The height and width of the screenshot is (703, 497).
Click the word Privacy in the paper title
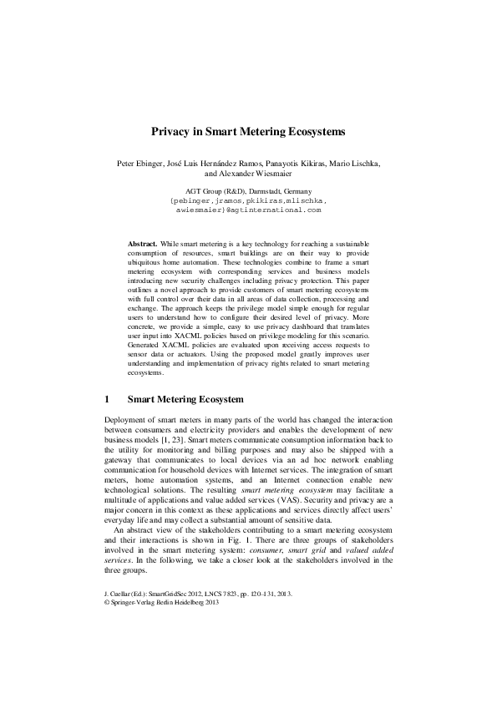point(170,132)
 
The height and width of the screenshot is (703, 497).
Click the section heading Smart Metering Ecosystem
point(185,398)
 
